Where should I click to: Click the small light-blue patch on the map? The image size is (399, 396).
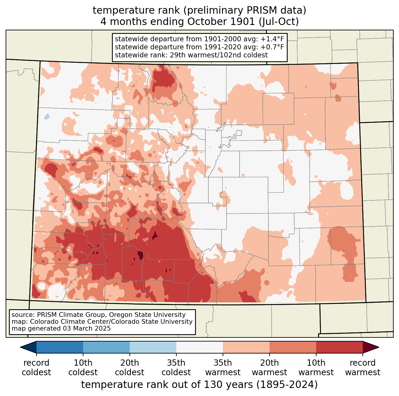(x=47, y=116)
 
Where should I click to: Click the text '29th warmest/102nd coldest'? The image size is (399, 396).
(x=219, y=55)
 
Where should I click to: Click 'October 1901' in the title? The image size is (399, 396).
(x=221, y=22)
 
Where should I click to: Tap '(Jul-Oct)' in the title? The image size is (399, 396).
(x=279, y=22)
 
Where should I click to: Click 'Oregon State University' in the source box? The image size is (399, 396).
(x=147, y=315)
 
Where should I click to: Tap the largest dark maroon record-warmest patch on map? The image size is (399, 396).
(x=140, y=255)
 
